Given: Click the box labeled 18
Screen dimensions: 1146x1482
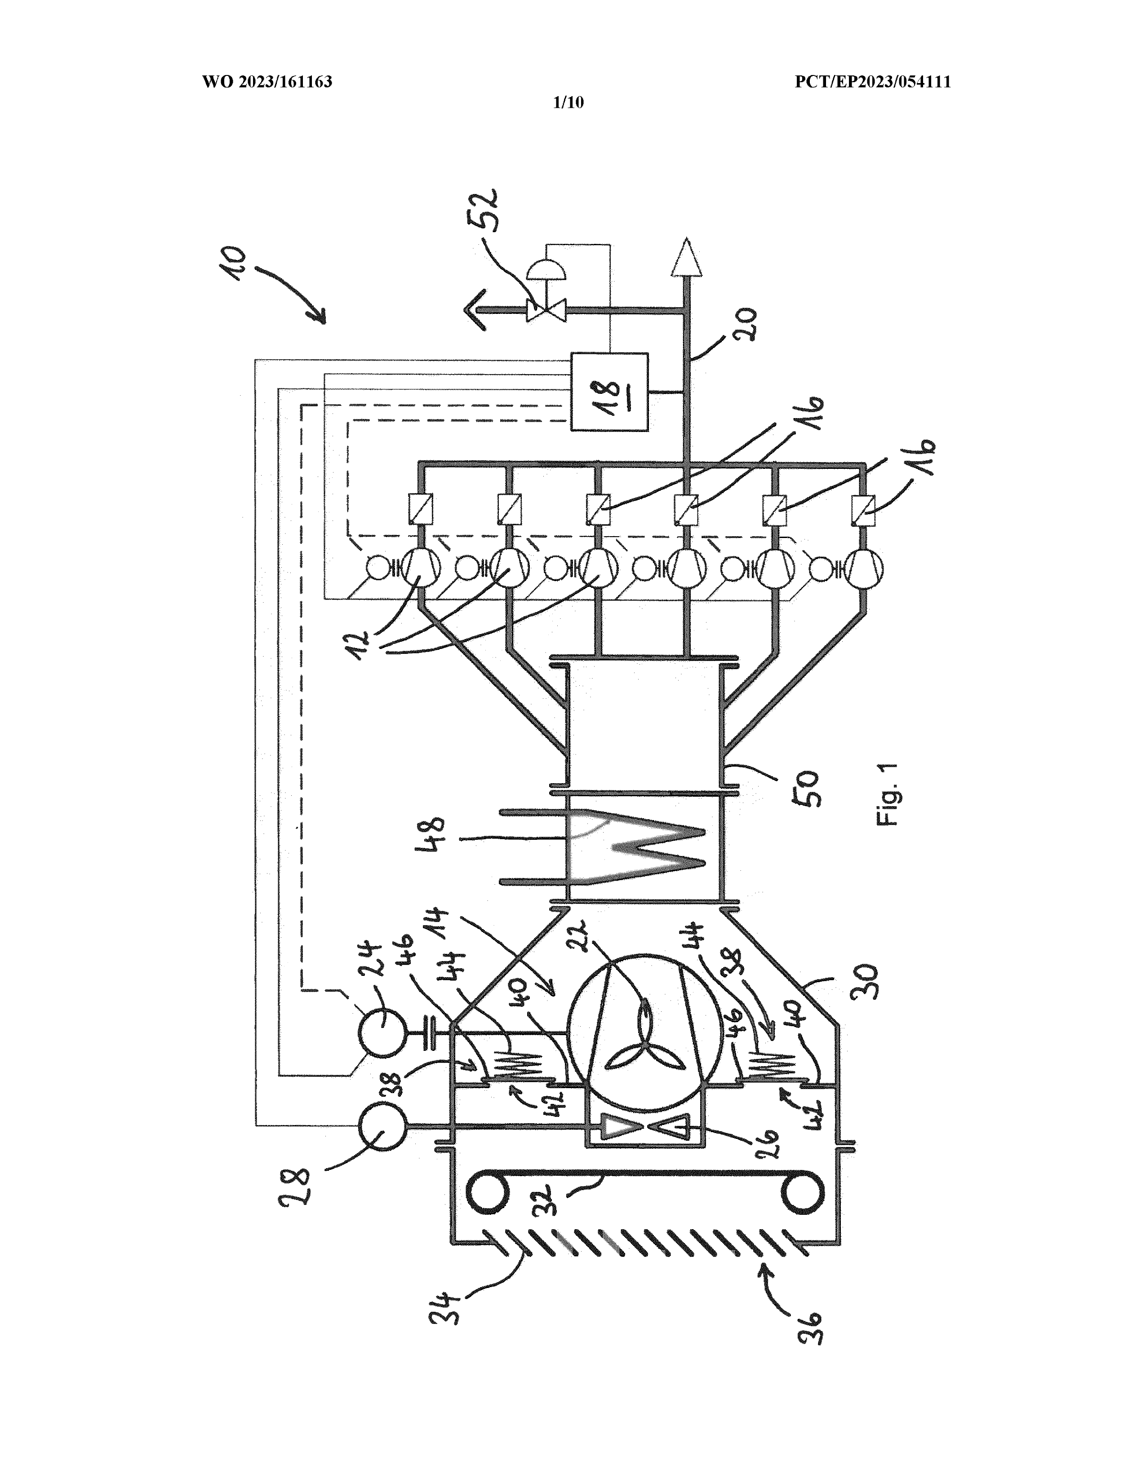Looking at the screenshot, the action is [609, 392].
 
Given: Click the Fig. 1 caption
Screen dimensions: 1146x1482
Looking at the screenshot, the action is [888, 794].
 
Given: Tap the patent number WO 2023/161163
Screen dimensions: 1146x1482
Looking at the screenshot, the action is [267, 82].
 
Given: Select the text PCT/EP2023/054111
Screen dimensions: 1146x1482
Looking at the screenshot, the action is [873, 82].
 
